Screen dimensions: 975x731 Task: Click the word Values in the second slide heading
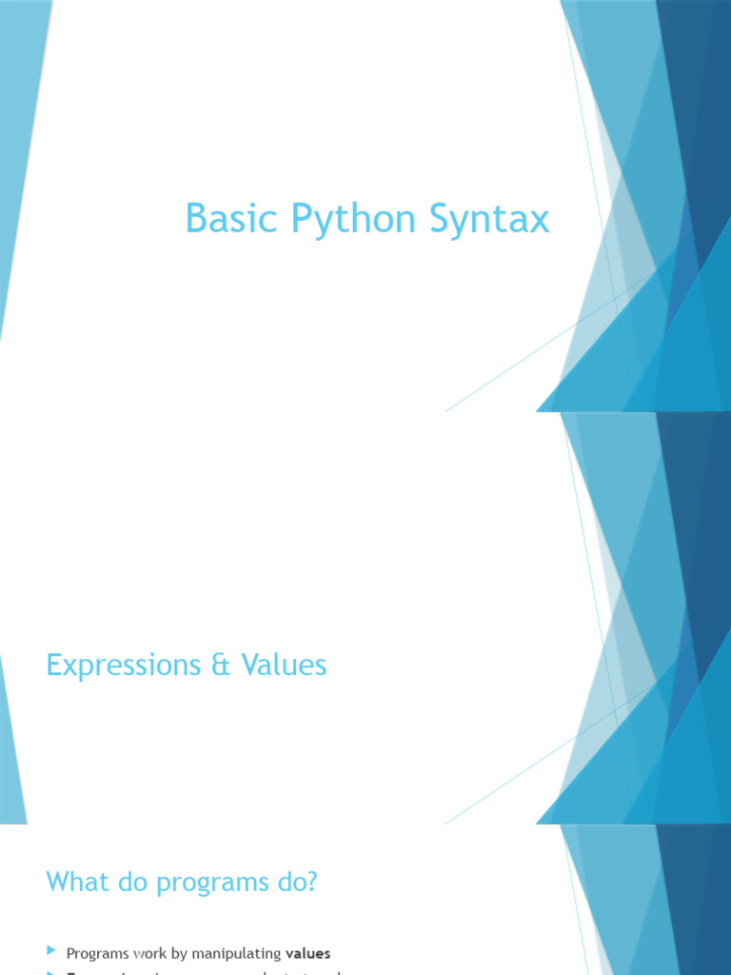coord(284,665)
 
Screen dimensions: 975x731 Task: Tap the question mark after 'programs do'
coord(310,883)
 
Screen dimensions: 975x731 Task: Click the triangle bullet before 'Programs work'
coord(51,951)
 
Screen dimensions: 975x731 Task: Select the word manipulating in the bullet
coord(235,953)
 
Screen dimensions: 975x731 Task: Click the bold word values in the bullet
coord(308,952)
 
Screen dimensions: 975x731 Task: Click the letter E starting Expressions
coord(53,666)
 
